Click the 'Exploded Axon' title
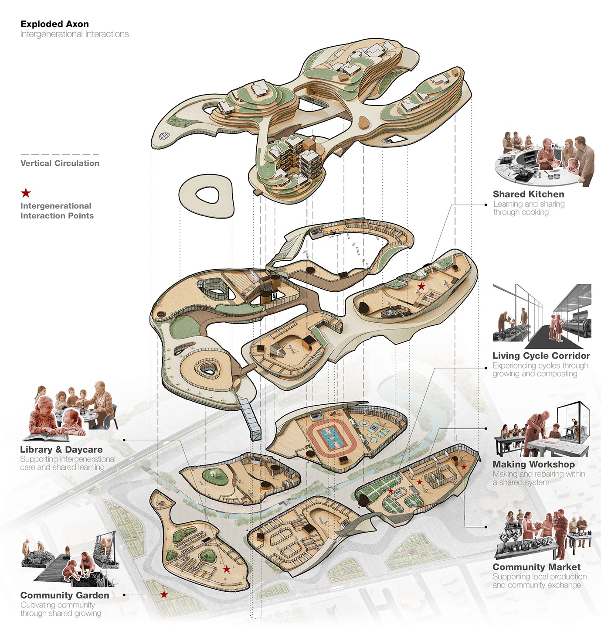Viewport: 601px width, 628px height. tap(54, 24)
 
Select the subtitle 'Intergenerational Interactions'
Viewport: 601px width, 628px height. tap(75, 34)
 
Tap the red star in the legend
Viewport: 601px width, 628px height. tap(26, 193)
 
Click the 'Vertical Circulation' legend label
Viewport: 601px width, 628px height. tap(60, 163)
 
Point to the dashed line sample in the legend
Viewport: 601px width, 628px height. tap(60, 154)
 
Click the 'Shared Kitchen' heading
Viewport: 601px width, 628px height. tap(528, 194)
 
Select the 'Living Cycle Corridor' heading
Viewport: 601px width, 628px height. tap(541, 355)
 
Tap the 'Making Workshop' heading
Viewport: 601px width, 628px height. tap(533, 464)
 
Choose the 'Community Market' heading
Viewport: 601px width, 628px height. tap(536, 567)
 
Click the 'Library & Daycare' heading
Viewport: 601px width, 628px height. tap(61, 449)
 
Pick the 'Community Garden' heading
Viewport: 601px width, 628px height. tap(65, 595)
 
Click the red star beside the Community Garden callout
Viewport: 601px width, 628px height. tap(164, 594)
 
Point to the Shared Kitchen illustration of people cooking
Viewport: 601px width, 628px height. tap(544, 159)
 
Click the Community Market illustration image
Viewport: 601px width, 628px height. tap(543, 536)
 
